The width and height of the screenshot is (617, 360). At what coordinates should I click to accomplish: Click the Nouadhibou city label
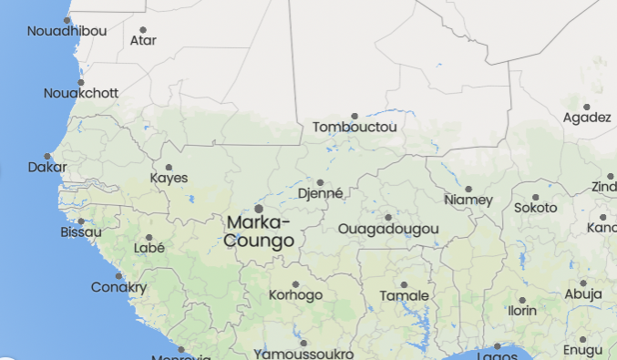pyautogui.click(x=67, y=31)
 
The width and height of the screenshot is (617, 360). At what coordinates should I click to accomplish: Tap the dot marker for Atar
pyautogui.click(x=143, y=29)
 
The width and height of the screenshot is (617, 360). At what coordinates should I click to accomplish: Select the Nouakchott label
pyautogui.click(x=81, y=93)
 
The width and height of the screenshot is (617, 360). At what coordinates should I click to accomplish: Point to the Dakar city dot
pyautogui.click(x=47, y=157)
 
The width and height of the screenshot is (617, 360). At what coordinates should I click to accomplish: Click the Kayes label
pyautogui.click(x=169, y=178)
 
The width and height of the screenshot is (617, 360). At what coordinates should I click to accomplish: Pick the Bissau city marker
pyautogui.click(x=81, y=221)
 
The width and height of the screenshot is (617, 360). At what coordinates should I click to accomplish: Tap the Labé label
pyautogui.click(x=149, y=248)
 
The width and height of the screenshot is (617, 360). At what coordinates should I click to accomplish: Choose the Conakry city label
pyautogui.click(x=118, y=288)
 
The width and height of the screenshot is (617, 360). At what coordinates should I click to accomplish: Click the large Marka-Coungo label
pyautogui.click(x=259, y=231)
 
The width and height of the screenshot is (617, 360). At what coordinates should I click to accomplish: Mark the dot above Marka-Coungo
pyautogui.click(x=259, y=209)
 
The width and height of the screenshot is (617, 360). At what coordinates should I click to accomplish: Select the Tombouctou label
pyautogui.click(x=355, y=128)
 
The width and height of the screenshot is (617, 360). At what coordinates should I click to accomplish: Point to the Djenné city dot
pyautogui.click(x=320, y=182)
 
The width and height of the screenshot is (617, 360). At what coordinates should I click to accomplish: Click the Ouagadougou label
pyautogui.click(x=388, y=229)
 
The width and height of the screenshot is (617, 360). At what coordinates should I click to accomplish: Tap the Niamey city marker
pyautogui.click(x=468, y=189)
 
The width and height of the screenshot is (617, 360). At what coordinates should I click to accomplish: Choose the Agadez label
pyautogui.click(x=587, y=118)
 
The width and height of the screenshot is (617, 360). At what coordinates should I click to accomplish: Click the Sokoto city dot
pyautogui.click(x=536, y=197)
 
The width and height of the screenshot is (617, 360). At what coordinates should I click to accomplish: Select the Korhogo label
pyautogui.click(x=295, y=295)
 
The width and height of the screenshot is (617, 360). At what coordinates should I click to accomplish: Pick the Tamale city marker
pyautogui.click(x=404, y=285)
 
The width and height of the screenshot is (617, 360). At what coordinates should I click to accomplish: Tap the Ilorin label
pyautogui.click(x=522, y=311)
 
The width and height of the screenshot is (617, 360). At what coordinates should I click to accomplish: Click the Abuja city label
pyautogui.click(x=583, y=294)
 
